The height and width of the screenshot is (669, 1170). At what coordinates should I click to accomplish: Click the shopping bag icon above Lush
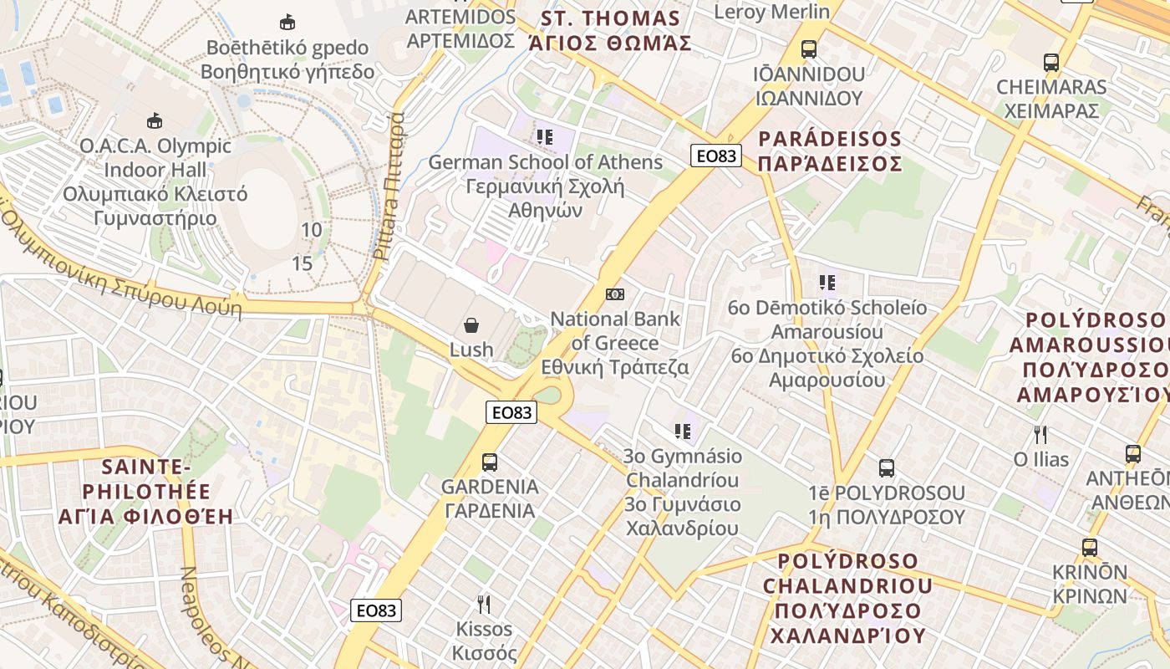(471, 324)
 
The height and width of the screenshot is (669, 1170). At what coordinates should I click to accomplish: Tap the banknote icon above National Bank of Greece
(615, 294)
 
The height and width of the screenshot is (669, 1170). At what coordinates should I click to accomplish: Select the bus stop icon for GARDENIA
(490, 462)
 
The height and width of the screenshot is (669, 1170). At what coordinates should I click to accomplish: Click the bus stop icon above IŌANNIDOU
(808, 49)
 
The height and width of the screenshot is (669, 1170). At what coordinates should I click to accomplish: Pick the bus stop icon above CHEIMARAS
(1051, 62)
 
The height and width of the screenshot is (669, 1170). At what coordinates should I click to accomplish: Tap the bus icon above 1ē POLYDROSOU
(887, 468)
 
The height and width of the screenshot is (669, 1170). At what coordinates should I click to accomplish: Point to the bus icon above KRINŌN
(1090, 548)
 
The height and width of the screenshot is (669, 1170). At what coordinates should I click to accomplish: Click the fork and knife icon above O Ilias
(1040, 435)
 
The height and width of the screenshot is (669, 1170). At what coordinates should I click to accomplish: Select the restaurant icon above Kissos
(484, 604)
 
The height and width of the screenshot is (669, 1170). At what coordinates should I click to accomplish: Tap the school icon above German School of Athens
(545, 137)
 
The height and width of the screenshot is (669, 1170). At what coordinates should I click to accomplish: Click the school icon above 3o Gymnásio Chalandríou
(683, 432)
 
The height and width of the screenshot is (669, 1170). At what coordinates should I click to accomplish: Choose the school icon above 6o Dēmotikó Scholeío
(827, 283)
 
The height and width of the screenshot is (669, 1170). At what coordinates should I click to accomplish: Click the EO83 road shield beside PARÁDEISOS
(717, 156)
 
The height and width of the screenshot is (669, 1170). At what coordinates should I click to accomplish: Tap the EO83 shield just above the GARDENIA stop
(511, 412)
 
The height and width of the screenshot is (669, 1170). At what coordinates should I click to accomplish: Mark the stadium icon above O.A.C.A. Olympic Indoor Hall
(155, 121)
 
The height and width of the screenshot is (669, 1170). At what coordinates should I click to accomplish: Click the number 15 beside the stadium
(302, 264)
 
